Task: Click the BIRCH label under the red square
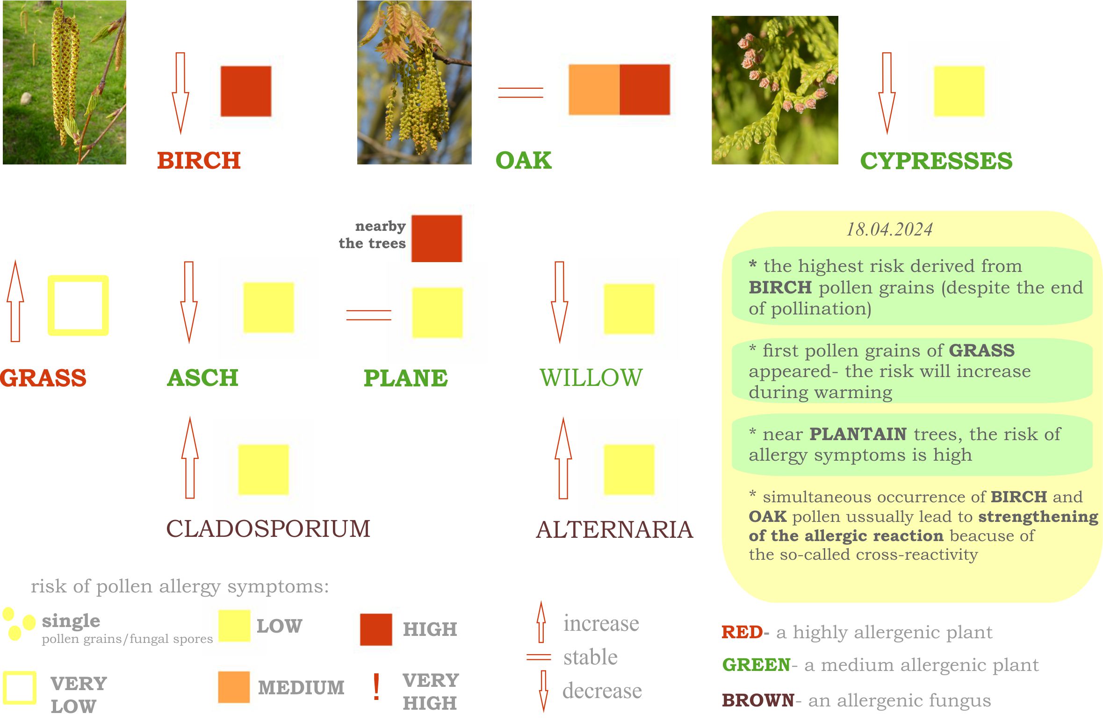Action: [x=199, y=160]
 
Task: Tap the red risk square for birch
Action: [x=246, y=91]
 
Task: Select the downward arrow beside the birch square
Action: [x=180, y=93]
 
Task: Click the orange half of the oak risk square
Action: [x=594, y=90]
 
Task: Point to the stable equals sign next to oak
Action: [x=520, y=93]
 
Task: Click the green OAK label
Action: [x=523, y=160]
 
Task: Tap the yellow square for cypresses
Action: [x=959, y=91]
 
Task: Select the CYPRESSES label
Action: [x=936, y=161]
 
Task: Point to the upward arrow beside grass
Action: [x=15, y=301]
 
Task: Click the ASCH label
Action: [x=202, y=378]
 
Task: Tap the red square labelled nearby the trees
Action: [x=437, y=238]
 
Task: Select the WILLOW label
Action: [x=591, y=378]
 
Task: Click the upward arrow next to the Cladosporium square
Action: [x=190, y=458]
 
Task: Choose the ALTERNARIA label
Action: [x=614, y=530]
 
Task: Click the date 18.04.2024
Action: [x=889, y=229]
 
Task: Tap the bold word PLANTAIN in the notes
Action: [x=858, y=434]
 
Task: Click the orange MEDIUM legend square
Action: [x=234, y=687]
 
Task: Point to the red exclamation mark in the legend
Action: [x=376, y=687]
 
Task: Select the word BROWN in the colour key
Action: [x=758, y=700]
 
